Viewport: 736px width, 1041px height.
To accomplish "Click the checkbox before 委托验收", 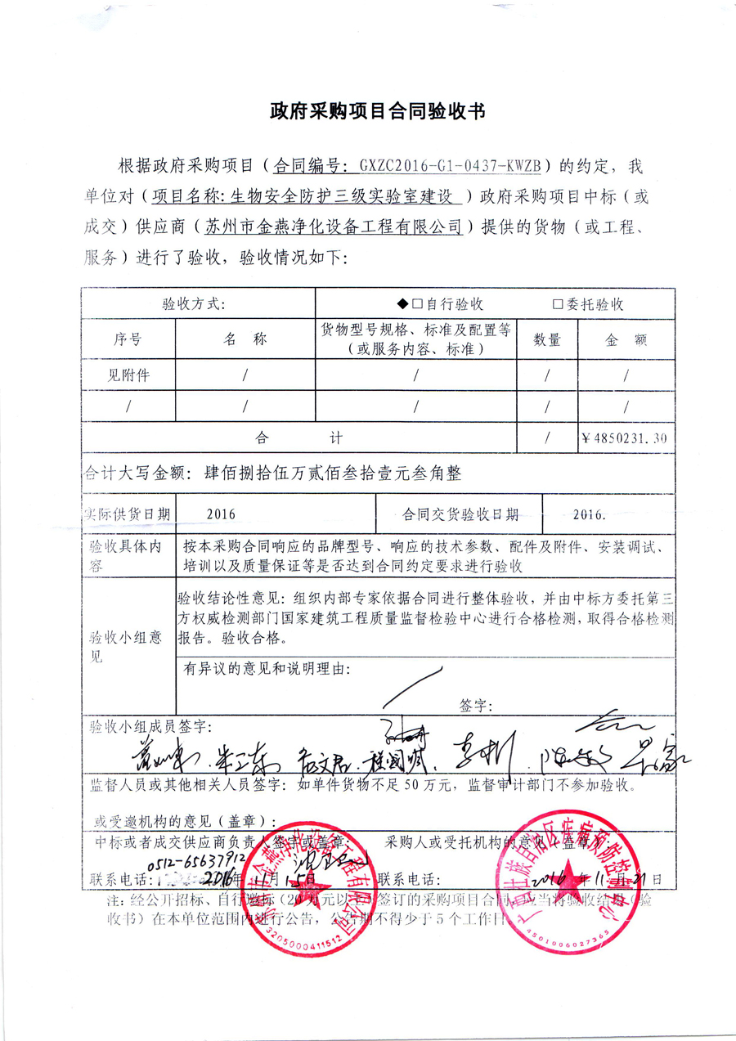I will click(559, 304).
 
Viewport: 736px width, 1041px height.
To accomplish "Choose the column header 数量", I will click(547, 339).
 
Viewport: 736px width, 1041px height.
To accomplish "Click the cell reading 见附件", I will click(130, 375).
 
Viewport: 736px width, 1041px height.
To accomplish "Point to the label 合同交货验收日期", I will click(460, 514).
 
